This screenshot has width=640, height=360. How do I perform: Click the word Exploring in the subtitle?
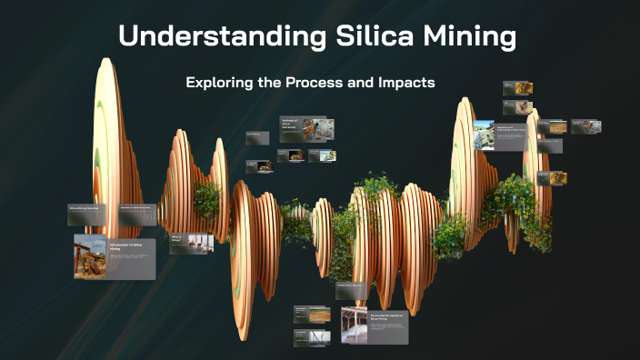click(221, 83)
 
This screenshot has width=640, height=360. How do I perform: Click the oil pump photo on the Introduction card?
click(90, 255)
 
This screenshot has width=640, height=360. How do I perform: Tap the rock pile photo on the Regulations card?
click(483, 133)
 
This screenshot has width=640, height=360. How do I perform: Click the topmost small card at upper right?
click(518, 88)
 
